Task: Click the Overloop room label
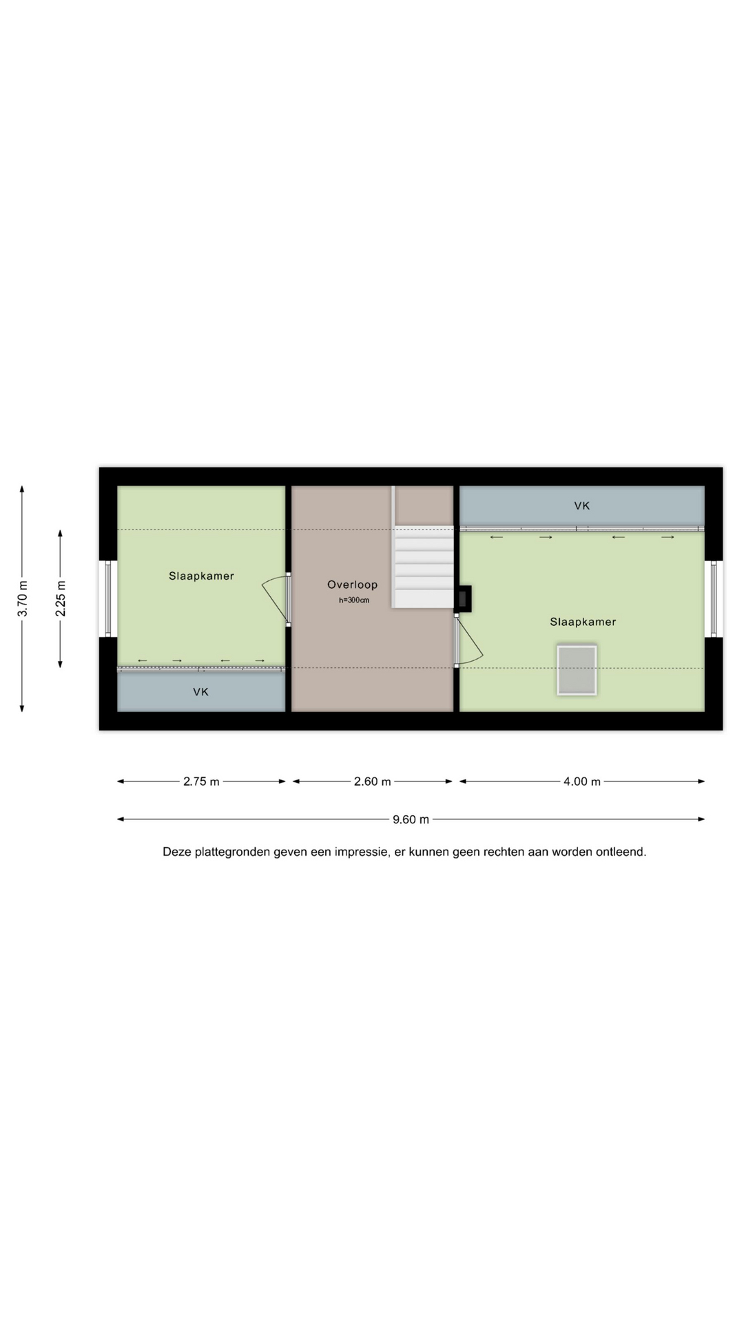(352, 585)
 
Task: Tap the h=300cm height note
(354, 600)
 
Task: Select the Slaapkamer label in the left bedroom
(201, 576)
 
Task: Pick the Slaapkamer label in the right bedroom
(583, 622)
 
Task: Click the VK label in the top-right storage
(582, 506)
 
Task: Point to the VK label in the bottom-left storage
(200, 692)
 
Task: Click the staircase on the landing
(422, 567)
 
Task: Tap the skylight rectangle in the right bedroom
(577, 670)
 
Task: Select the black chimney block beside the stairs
(464, 598)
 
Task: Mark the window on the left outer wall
(107, 598)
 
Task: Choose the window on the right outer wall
(714, 598)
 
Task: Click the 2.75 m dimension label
(201, 781)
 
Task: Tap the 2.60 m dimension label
(373, 781)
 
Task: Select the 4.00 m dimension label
(582, 781)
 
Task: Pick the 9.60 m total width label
(411, 819)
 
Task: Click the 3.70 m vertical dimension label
(23, 598)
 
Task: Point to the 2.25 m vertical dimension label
(61, 598)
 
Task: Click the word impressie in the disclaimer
(361, 852)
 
